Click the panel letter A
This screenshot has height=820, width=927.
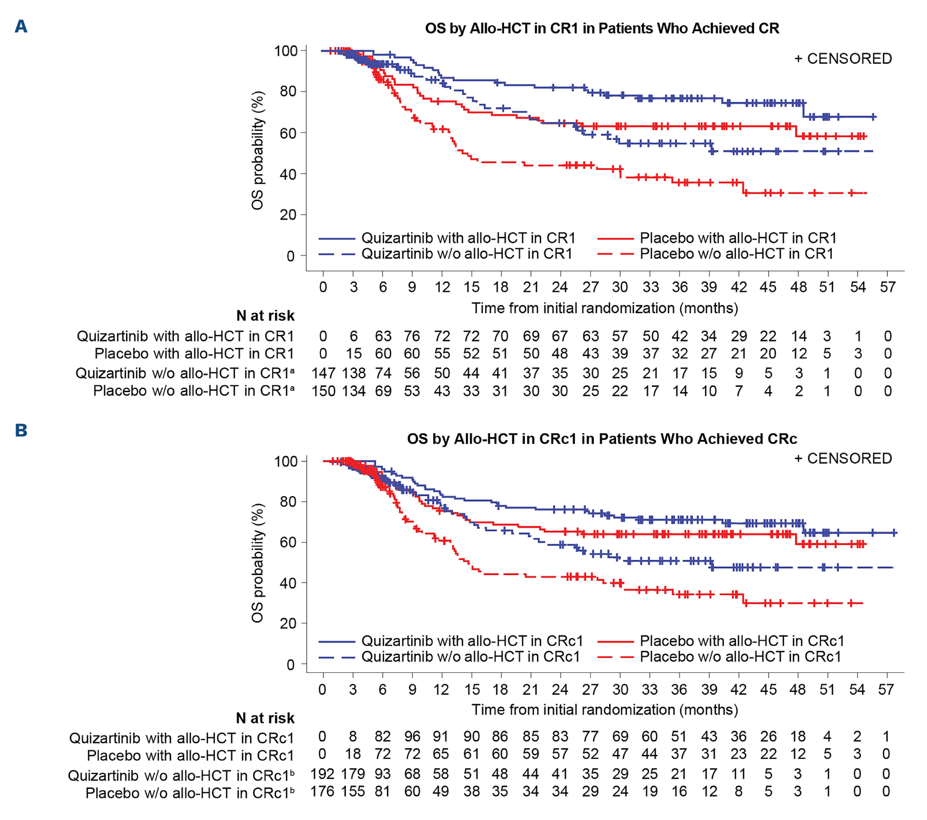tap(21, 26)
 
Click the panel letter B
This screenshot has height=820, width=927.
tap(21, 430)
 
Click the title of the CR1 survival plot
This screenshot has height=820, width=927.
tap(602, 28)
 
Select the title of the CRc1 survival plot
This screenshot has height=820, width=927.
tap(602, 439)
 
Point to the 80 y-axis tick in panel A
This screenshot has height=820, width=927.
tap(288, 91)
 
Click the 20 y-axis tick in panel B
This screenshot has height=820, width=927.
tap(288, 623)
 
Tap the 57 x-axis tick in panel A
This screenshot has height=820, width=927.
tap(887, 287)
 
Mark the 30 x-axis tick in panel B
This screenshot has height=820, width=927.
tap(620, 689)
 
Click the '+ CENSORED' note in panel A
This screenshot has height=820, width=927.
tap(843, 59)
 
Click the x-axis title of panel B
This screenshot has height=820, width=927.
tap(604, 710)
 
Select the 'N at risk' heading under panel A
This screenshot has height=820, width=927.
tap(265, 315)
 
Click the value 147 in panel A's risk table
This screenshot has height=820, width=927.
tap(323, 373)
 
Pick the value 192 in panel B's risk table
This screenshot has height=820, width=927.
tap(322, 774)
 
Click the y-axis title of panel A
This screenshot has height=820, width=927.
tap(258, 150)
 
